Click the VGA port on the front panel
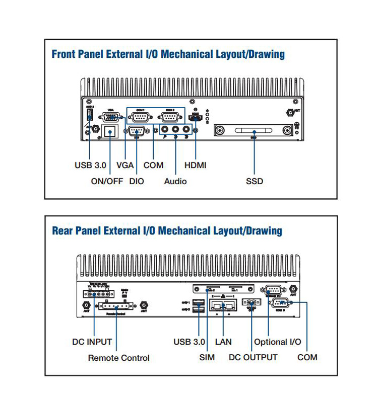(111, 118)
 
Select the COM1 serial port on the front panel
(140, 118)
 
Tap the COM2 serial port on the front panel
(170, 118)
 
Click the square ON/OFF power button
(110, 132)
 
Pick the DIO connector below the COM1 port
(137, 132)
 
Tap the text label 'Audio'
(175, 181)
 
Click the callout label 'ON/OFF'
(107, 181)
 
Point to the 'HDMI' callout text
(195, 165)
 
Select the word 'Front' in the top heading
(64, 54)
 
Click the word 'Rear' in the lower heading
(62, 231)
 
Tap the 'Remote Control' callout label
(118, 358)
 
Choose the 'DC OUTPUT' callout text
(253, 357)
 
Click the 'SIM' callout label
(207, 357)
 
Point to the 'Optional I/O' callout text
(277, 342)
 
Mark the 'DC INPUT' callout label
(92, 342)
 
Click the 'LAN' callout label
(223, 342)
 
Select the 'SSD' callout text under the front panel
(255, 181)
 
